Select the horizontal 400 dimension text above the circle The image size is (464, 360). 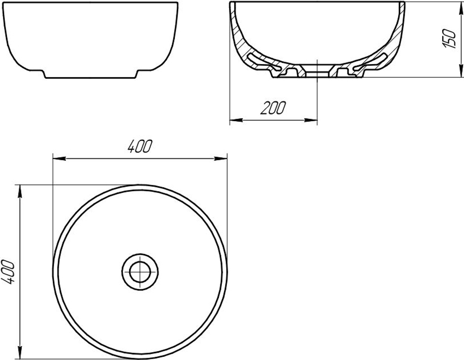(140, 146)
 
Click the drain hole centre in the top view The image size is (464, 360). (140, 271)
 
